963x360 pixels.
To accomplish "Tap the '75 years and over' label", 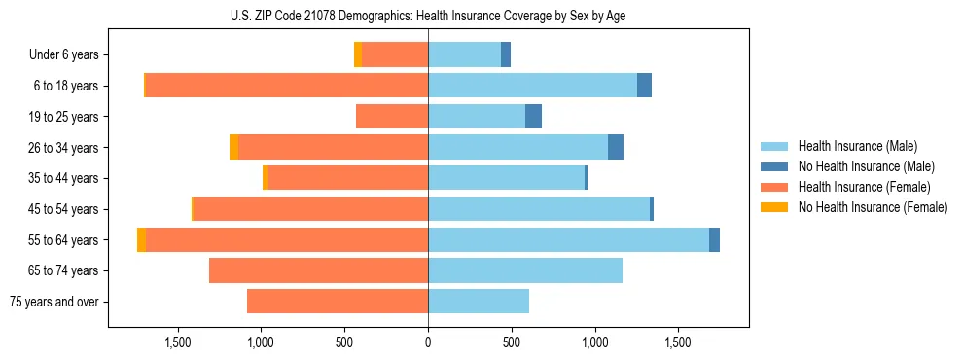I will [x=54, y=302].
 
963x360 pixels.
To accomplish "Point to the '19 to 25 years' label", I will [x=63, y=117].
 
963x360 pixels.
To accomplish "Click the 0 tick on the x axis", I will [x=428, y=342].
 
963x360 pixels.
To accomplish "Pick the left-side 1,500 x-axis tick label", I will [x=178, y=342].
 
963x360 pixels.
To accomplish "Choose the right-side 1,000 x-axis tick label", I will [x=594, y=342].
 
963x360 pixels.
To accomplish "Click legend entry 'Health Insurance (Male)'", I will [x=857, y=146].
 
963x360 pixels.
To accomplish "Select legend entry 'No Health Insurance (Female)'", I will [x=873, y=207].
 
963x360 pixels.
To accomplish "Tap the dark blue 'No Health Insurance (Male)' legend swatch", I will [x=774, y=166].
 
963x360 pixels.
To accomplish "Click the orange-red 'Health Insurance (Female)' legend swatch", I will [x=774, y=187].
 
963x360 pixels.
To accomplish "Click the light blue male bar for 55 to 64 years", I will [x=568, y=239].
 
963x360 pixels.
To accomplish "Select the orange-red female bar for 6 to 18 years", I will [x=287, y=86].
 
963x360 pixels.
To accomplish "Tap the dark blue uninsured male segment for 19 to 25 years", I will [x=533, y=117].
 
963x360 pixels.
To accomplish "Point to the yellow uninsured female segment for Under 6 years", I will [x=358, y=55].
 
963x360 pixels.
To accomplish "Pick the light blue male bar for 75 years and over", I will [x=479, y=302].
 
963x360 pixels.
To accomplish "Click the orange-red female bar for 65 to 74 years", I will [x=319, y=270].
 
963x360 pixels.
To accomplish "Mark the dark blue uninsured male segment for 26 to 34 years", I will [x=616, y=147].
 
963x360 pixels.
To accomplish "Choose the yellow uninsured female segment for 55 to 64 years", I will [x=142, y=239].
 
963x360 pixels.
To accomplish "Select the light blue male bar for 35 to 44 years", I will [x=506, y=178].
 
